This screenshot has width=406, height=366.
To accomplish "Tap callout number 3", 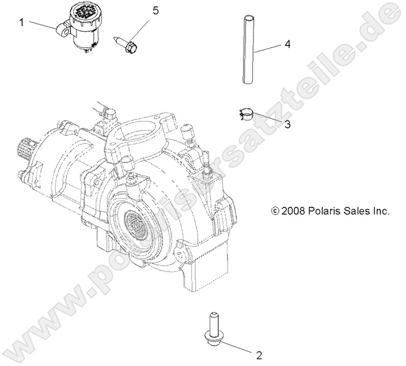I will (272, 124).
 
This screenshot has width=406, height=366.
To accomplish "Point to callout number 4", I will (288, 44).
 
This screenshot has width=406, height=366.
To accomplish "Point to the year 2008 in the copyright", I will (293, 211).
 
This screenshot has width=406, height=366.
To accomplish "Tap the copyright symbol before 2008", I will (275, 211).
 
